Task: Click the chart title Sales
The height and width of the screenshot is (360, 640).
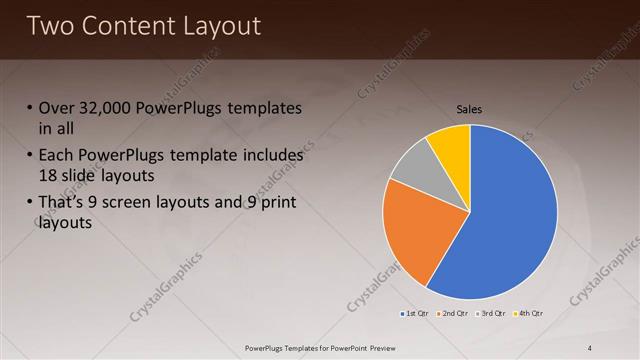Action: pos(470,109)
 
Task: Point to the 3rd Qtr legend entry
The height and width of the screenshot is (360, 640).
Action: pos(490,314)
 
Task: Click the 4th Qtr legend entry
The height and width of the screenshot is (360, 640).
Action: pos(527,314)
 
